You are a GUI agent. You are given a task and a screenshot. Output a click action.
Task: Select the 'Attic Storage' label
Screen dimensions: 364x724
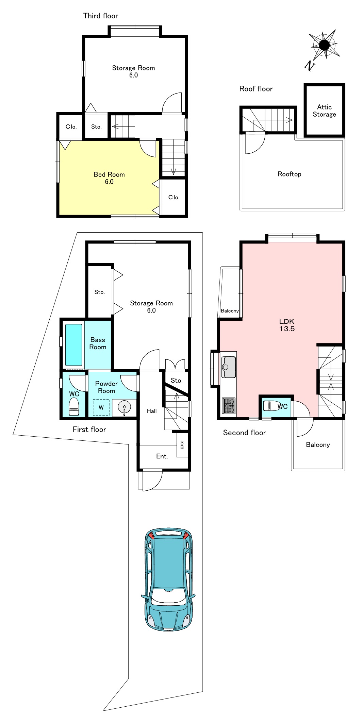pos(324,111)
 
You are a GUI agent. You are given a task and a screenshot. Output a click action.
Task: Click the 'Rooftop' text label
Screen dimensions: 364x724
pos(289,174)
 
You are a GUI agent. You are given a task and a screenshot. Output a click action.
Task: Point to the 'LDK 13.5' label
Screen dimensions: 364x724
pos(287,325)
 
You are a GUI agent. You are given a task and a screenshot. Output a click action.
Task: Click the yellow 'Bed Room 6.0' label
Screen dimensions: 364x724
pos(109,178)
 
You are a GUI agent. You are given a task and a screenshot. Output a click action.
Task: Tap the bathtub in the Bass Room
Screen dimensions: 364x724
pos(73,344)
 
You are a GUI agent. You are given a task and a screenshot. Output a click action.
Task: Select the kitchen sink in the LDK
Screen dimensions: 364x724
pos(229,367)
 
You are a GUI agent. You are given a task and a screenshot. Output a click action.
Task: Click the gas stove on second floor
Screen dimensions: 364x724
pos(229,406)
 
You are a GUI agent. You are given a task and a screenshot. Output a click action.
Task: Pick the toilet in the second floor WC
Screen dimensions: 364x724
pos(271,406)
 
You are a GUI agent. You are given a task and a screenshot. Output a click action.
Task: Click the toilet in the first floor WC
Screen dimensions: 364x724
pos(74,407)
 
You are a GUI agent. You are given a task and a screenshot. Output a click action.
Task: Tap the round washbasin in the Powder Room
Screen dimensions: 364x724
pos(125,407)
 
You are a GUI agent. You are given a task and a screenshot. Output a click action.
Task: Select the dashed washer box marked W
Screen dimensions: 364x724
pos(101,407)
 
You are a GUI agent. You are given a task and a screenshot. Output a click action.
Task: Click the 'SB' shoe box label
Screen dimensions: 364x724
pos(182,445)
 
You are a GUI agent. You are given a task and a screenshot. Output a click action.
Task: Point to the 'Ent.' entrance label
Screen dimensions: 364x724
pos(162,456)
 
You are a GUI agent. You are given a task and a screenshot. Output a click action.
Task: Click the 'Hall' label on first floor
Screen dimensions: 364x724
pos(152,411)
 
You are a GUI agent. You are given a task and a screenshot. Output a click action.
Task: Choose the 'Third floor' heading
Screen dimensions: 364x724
pos(101,16)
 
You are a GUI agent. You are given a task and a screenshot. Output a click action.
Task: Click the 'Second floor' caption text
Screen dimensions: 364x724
pos(245,433)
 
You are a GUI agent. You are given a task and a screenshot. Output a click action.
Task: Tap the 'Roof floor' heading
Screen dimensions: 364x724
pos(256,89)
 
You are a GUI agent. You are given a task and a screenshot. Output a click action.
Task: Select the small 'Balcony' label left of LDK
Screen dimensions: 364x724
pos(230,311)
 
